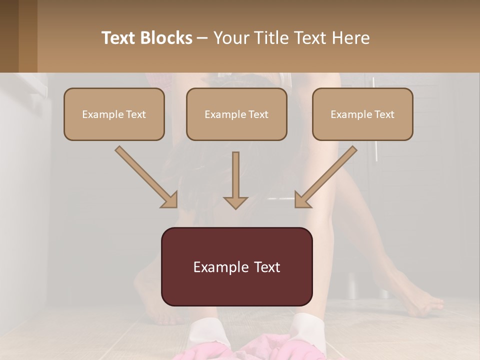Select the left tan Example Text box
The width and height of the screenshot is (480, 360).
pos(114,114)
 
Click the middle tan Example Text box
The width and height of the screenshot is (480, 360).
pos(236,114)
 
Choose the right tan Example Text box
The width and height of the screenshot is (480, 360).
pos(362,114)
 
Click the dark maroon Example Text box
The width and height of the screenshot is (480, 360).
pos(236,266)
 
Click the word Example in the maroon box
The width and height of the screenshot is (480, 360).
pos(219,267)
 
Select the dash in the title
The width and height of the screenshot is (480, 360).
pos(202,38)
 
